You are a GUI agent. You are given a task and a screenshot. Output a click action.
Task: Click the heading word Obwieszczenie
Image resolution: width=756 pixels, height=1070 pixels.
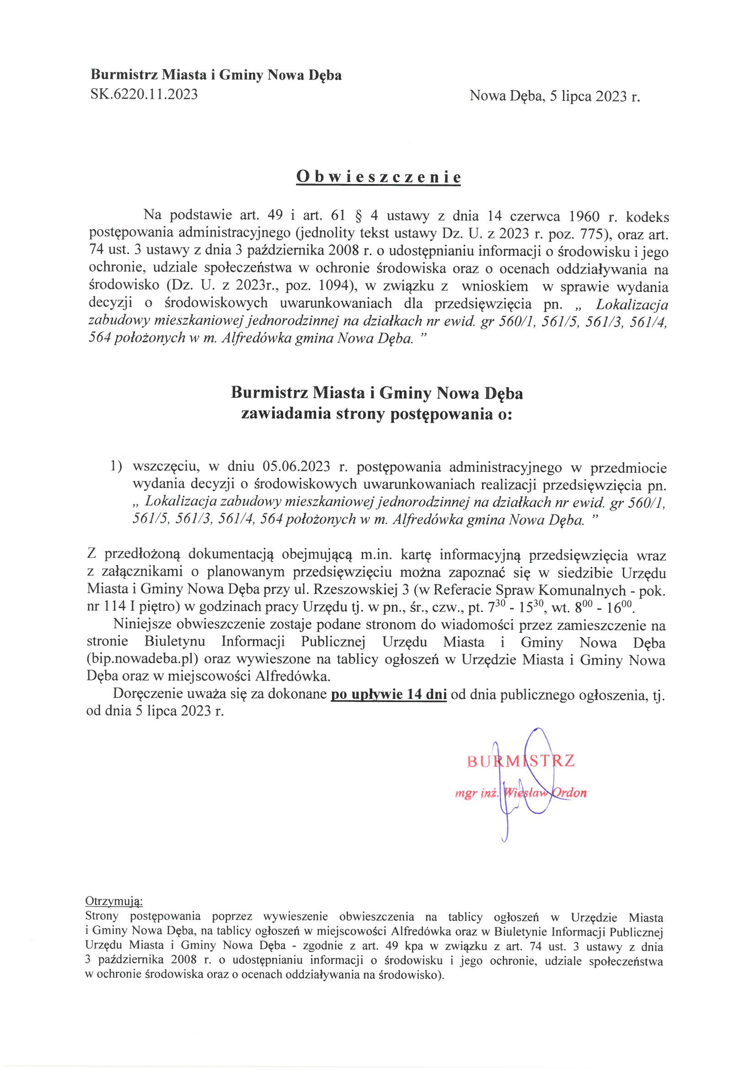click(378, 177)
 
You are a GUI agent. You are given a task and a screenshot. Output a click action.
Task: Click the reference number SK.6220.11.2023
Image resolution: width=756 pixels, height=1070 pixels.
click(144, 95)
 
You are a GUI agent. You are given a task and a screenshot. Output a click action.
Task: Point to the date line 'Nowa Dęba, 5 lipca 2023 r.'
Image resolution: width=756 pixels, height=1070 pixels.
click(554, 96)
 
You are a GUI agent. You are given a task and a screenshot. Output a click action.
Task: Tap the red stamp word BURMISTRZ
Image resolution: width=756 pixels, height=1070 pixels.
click(520, 761)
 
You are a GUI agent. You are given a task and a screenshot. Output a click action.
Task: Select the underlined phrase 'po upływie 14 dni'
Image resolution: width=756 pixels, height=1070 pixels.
click(388, 695)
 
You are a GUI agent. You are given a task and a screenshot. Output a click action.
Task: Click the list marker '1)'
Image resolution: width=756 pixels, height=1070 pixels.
click(116, 466)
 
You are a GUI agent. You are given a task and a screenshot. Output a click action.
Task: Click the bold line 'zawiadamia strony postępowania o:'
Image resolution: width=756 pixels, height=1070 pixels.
click(376, 414)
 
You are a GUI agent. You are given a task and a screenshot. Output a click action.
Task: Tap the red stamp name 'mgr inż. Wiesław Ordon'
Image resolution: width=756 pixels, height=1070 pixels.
click(520, 793)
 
